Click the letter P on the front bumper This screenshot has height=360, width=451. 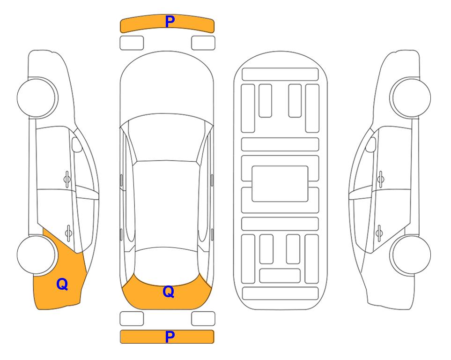[x=170, y=22]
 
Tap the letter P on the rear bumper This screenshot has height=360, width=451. [x=170, y=337]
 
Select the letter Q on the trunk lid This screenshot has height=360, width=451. [x=169, y=292]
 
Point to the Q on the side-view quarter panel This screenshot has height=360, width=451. [x=62, y=284]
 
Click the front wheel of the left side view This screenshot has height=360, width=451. [x=37, y=97]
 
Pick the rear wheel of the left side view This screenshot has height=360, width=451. [x=37, y=255]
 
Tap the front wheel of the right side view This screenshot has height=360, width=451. [x=411, y=97]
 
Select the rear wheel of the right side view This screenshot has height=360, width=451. [x=411, y=255]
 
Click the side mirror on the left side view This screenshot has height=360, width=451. [x=76, y=144]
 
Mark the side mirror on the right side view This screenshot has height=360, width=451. [x=371, y=144]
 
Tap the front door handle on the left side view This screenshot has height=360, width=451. [x=67, y=179]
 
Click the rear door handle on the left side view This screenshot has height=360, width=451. [x=68, y=232]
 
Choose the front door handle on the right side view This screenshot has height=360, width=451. [x=381, y=179]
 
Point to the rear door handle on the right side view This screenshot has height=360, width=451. [x=379, y=232]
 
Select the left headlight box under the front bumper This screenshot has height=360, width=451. [x=132, y=43]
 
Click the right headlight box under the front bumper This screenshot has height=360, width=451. [x=203, y=43]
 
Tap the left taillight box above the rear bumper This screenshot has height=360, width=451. [x=132, y=319]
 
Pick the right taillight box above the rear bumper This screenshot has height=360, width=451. [x=203, y=319]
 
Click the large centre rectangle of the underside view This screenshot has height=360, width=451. [x=280, y=184]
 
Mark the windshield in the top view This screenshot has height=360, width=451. [x=166, y=138]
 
